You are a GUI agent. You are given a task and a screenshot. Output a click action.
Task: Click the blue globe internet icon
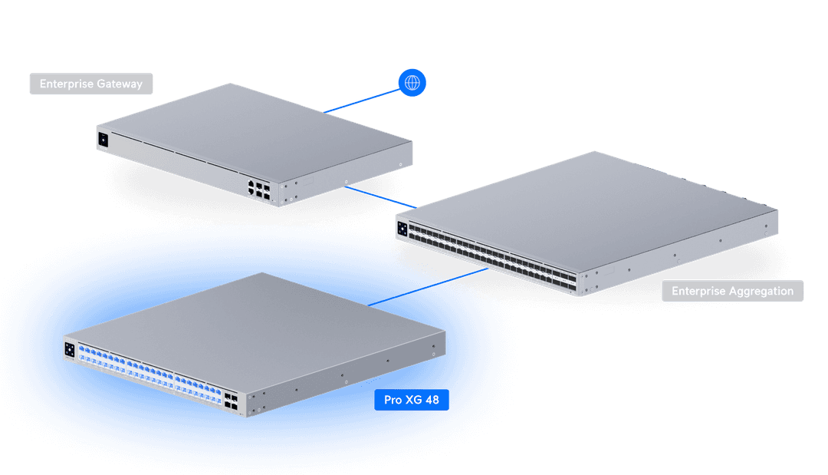pyautogui.click(x=412, y=83)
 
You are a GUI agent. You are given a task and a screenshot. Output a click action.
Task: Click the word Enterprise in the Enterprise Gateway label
pyautogui.click(x=66, y=84)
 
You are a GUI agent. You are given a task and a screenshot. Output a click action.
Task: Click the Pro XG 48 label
pyautogui.click(x=411, y=400)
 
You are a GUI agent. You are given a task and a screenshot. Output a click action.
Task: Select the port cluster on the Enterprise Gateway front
pyautogui.click(x=258, y=190)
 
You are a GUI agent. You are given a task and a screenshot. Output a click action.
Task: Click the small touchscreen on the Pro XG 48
pyautogui.click(x=70, y=350)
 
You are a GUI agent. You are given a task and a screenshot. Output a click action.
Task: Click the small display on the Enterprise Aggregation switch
pyautogui.click(x=402, y=228)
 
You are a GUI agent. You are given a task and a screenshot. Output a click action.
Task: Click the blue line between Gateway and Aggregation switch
pyautogui.click(x=383, y=198)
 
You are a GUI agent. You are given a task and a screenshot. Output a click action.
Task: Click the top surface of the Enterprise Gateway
pyautogui.click(x=253, y=127)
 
